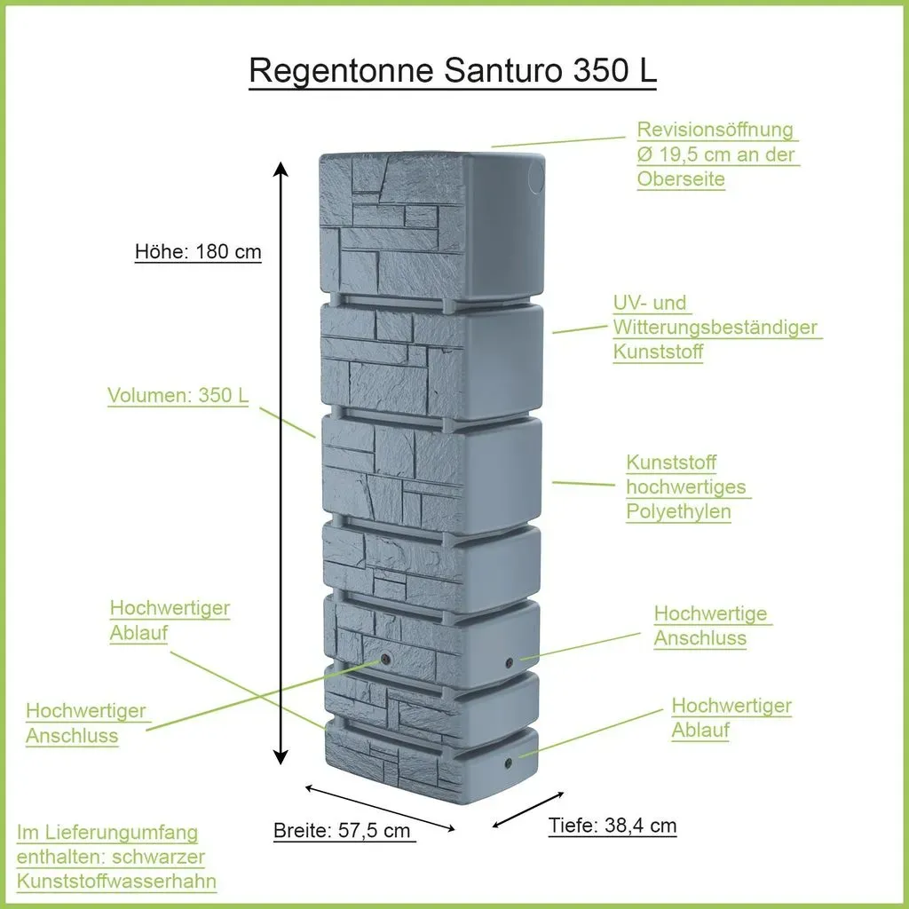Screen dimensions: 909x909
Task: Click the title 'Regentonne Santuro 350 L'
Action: coord(453,71)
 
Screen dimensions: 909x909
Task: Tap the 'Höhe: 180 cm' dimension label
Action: coord(198,251)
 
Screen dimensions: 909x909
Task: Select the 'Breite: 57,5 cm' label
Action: coord(342,830)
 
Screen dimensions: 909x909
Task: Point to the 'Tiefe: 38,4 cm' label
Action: coord(613,825)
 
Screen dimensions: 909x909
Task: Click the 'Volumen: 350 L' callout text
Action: coord(178,395)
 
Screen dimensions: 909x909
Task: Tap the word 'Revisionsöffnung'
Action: coord(715,130)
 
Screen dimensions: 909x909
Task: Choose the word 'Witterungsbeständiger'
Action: coord(715,327)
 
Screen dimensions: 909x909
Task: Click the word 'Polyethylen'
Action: coord(678,511)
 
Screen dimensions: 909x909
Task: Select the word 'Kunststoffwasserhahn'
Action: coord(116,881)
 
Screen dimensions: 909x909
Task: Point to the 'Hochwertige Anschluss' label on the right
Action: coord(711,626)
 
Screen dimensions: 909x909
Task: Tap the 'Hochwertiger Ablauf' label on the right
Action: coord(731,717)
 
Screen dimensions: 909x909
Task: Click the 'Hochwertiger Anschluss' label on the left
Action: coord(86,723)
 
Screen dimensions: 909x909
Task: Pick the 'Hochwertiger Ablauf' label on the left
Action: coord(170,620)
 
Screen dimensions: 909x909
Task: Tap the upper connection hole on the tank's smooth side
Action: coord(509,662)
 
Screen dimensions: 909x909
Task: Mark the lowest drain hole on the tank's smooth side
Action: coord(509,763)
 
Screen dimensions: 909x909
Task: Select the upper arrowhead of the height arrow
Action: coord(281,169)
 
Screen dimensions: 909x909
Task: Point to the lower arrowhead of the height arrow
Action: coord(281,757)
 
